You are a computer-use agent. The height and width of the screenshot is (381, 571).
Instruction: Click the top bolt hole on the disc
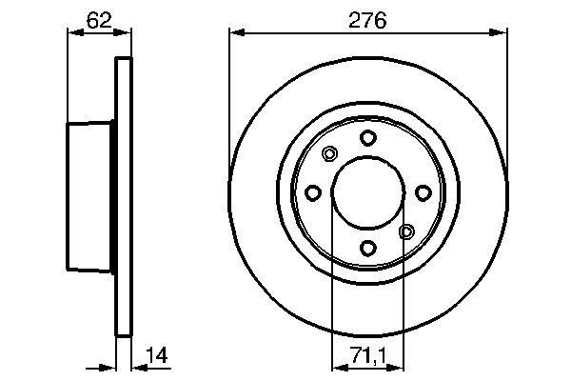point(367,138)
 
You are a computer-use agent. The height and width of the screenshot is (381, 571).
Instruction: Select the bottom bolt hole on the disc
point(367,249)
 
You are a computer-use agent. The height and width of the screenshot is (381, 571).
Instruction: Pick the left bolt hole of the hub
point(312,193)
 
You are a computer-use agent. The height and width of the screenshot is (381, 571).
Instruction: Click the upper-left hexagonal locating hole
point(329,154)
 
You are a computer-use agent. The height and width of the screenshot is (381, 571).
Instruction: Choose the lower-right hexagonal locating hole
point(406,231)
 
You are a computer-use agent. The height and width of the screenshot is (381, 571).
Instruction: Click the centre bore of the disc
point(367,193)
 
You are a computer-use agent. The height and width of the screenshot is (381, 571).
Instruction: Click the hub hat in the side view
point(90,195)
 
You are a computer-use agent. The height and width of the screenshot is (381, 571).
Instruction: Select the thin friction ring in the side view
point(122,195)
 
